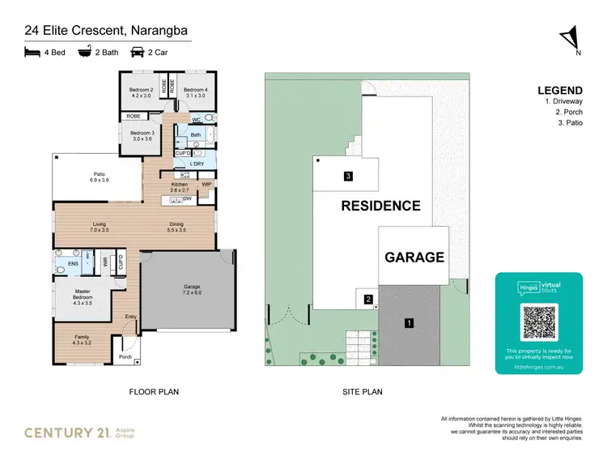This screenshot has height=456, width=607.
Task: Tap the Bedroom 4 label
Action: point(195,90)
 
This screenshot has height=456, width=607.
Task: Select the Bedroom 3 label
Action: point(142,134)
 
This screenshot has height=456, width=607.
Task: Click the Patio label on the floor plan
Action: point(100,175)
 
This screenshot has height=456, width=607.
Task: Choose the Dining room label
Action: point(176,227)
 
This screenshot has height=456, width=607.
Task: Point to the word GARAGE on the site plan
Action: point(414,258)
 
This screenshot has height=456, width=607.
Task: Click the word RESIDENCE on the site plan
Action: point(380,206)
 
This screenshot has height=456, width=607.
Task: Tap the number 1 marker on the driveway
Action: point(410,323)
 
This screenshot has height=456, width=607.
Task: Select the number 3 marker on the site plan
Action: point(347,176)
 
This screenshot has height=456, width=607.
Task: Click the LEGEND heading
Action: point(559,90)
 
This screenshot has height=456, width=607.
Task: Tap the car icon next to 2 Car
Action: point(137,52)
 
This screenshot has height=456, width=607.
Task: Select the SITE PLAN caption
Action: point(362,391)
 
